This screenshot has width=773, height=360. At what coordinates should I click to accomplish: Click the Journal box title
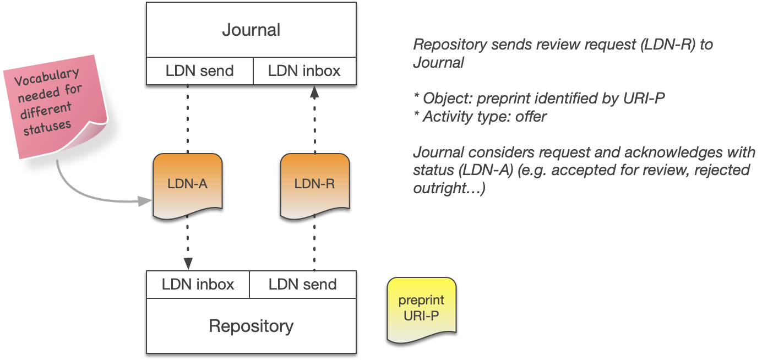coord(251,30)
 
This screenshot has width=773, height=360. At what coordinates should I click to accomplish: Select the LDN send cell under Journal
coord(199,70)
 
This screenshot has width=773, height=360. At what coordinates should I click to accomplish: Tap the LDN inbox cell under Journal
coord(304,70)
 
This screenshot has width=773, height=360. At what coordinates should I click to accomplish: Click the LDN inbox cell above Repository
coord(198,284)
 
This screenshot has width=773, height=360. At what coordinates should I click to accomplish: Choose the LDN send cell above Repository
coord(302,284)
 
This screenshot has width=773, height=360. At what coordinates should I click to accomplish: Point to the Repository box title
coord(251,326)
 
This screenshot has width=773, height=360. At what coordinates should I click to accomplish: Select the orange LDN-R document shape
coord(314,185)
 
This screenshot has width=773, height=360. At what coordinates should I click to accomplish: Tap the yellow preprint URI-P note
coord(421,309)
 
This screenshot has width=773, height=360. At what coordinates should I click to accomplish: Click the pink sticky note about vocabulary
coord(53,105)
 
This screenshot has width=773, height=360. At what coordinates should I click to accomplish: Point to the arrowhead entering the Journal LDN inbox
coord(314,91)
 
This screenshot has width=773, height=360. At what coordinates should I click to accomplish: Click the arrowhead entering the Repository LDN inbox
coord(188,264)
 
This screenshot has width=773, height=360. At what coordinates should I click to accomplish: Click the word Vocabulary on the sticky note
coord(47,77)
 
